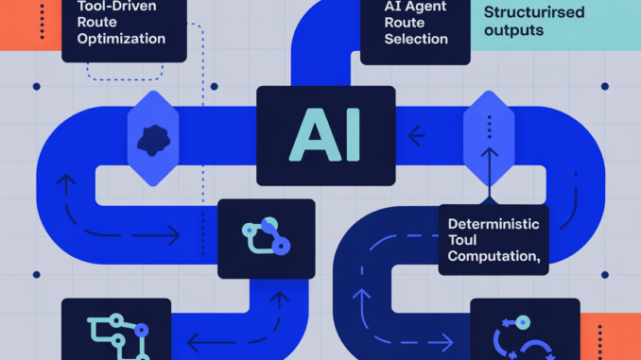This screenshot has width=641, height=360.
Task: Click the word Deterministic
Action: (494, 225)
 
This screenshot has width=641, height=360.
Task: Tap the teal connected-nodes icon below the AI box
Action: (264, 237)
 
